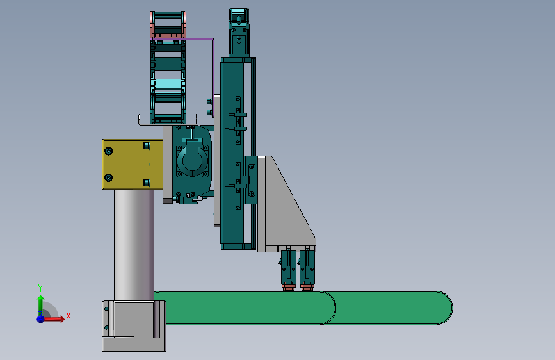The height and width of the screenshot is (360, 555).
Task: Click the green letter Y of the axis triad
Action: coord(40,288)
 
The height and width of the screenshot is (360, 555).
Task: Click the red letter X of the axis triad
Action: coord(68,316)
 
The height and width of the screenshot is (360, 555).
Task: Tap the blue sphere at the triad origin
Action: coord(41,319)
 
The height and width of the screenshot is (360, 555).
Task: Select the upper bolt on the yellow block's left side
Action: coord(109,151)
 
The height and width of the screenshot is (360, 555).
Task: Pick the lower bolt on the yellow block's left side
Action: coord(109,177)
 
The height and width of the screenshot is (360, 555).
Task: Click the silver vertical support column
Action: coord(134,245)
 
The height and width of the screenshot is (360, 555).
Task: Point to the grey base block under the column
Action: coord(134,326)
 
